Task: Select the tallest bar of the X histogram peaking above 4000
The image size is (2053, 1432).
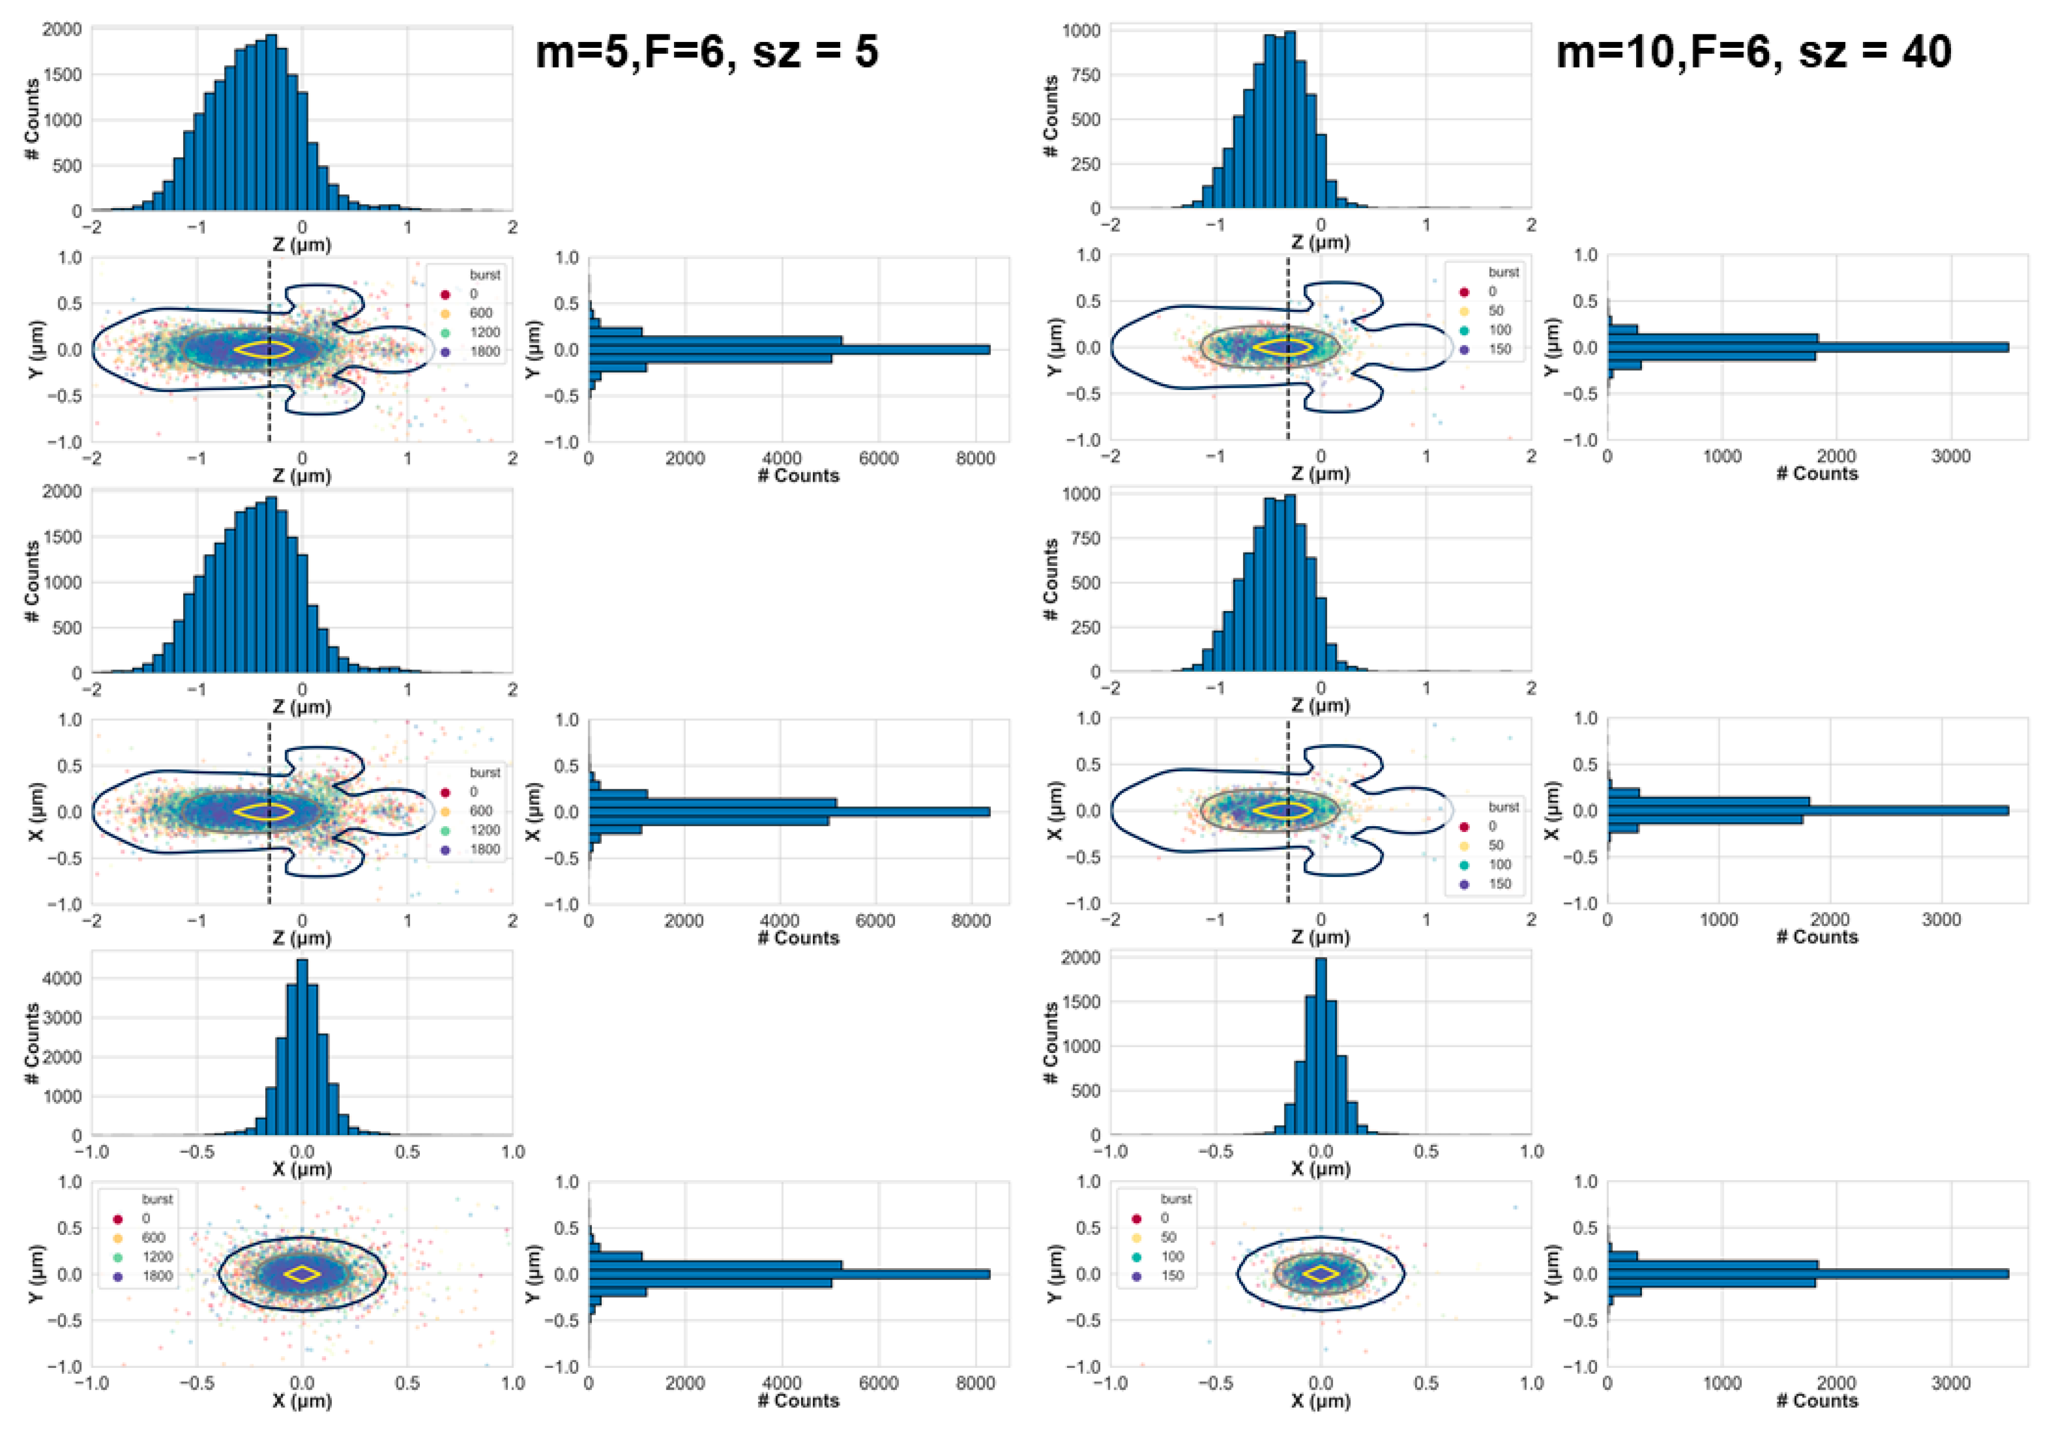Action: (302, 1047)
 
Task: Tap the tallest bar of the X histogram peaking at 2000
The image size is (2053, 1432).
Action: (1321, 1046)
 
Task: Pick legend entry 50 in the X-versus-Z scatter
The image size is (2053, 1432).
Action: (1495, 845)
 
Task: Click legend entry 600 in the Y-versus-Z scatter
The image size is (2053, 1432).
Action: (481, 313)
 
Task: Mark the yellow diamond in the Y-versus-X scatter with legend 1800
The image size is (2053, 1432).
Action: (302, 1274)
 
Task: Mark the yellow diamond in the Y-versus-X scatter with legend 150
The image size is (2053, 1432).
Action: (1321, 1274)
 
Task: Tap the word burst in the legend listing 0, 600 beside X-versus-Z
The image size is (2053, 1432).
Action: (485, 773)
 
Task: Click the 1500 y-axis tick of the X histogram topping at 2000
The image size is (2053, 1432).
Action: (1083, 1002)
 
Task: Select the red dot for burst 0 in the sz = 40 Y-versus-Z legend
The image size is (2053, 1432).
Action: (1464, 292)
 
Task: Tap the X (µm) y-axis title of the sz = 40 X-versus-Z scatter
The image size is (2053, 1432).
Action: (1055, 811)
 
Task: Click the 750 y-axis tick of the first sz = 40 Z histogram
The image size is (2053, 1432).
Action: (1089, 75)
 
